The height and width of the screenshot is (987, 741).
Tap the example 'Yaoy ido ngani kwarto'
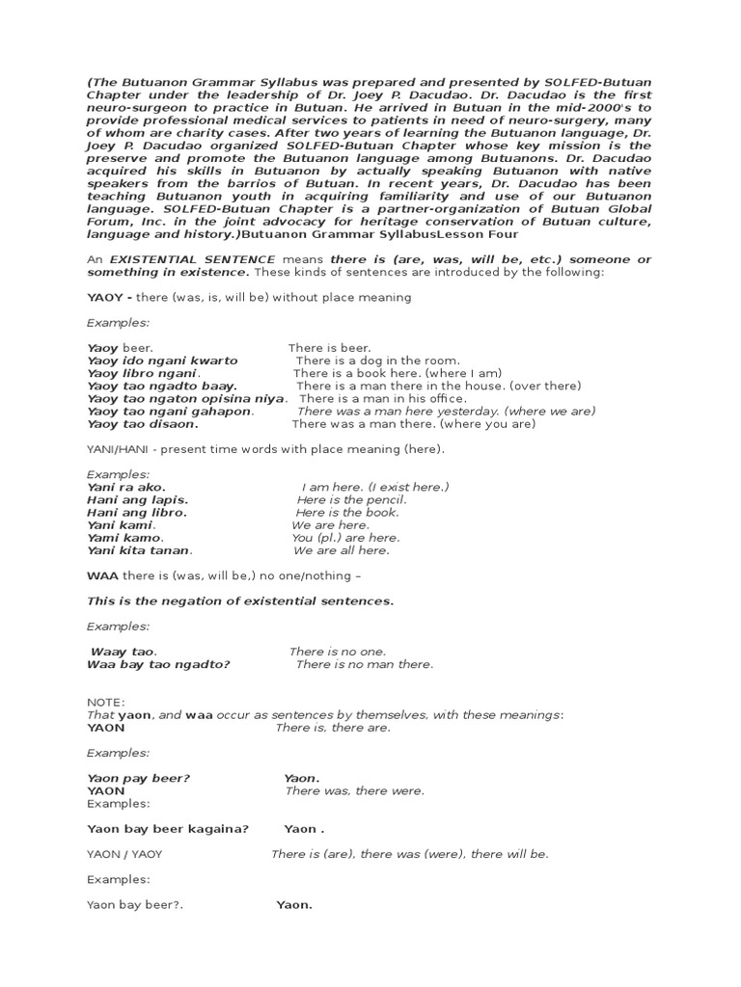tap(162, 360)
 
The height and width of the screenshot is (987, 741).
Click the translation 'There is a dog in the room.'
tap(378, 360)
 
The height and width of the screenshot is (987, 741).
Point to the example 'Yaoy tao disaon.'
tap(143, 423)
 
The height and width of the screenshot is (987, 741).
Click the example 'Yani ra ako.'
tap(126, 488)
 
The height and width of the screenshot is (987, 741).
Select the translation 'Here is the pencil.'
tap(351, 500)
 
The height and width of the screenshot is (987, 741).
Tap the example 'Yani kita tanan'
tap(140, 550)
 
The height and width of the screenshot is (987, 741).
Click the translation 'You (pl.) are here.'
tap(345, 538)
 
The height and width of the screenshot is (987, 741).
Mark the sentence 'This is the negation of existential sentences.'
tap(240, 601)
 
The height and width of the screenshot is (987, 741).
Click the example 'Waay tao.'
tap(123, 652)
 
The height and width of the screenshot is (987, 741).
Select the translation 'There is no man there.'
tap(365, 664)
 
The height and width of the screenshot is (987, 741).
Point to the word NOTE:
tap(105, 703)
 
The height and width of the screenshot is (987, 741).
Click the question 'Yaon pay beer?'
tap(139, 778)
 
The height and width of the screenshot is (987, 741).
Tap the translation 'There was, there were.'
tap(354, 790)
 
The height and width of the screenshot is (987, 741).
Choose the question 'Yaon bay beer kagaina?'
tap(168, 829)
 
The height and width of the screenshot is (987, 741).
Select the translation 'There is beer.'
tap(329, 348)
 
